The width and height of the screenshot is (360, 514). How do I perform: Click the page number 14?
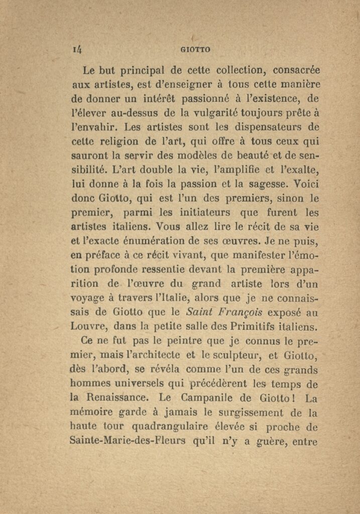point(77,49)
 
